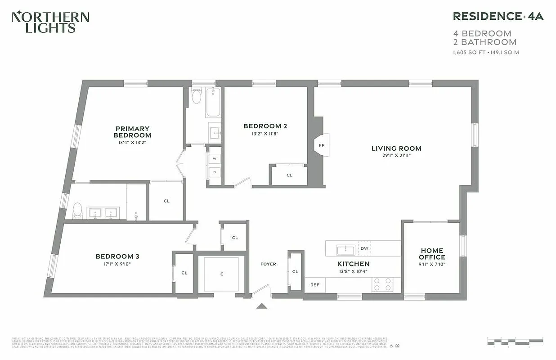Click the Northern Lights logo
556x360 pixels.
pos(50,22)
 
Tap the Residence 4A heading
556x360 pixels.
pos(498,16)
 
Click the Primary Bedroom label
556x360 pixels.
pos(132,132)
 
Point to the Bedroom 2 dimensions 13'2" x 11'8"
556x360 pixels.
pos(265,134)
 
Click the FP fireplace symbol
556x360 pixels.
pos(322,145)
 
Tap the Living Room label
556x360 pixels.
pos(396,148)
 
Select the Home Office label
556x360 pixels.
pos(432,253)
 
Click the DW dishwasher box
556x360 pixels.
pos(364,248)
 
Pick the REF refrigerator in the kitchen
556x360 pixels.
pos(315,285)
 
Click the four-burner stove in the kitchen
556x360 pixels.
pos(382,284)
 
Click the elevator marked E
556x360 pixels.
pos(221,274)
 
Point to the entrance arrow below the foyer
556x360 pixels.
pos(262,306)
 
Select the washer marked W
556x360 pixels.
pos(215,158)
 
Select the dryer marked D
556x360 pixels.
pos(215,172)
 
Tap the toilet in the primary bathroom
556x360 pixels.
pos(78,210)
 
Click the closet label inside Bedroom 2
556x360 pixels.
pos(289,175)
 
